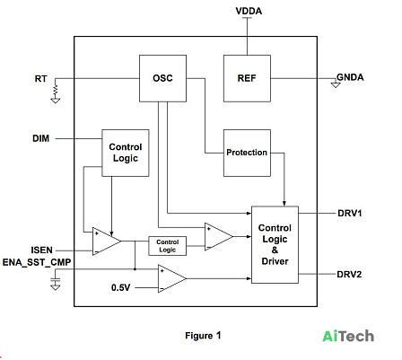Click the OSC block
[162, 78]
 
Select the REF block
[247, 78]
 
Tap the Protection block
[247, 153]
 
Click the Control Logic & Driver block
[275, 245]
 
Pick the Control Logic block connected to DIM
[126, 153]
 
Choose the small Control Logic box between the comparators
[168, 246]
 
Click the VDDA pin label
[249, 11]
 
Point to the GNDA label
[350, 77]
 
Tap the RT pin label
[40, 79]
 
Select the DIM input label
[41, 138]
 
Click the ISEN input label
[41, 250]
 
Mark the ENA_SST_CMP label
[37, 262]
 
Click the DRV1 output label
[350, 213]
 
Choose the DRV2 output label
[349, 274]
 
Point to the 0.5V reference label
[121, 287]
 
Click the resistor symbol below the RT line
[56, 91]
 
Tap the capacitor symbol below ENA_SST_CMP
[56, 281]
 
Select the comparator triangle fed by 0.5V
[172, 278]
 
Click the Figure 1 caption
[203, 336]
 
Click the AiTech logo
[348, 336]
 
